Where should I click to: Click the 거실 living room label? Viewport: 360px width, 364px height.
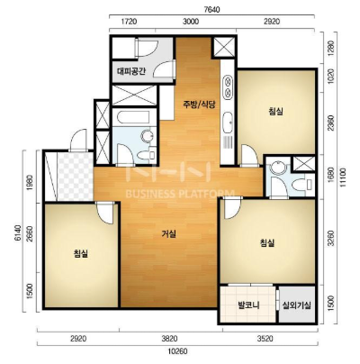pyautogui.click(x=168, y=234)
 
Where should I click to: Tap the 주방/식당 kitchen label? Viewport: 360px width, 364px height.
pyautogui.click(x=200, y=105)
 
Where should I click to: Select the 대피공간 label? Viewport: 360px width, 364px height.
pyautogui.click(x=131, y=71)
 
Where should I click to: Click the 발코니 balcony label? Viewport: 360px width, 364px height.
pyautogui.click(x=248, y=305)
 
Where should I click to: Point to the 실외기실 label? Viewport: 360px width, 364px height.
pyautogui.click(x=297, y=305)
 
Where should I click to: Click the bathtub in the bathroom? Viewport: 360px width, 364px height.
pyautogui.click(x=133, y=117)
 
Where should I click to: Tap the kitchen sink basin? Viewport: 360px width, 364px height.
pyautogui.click(x=228, y=123)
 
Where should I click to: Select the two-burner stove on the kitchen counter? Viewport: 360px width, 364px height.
pyautogui.click(x=228, y=86)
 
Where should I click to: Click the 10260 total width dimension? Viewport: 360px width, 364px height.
pyautogui.click(x=178, y=351)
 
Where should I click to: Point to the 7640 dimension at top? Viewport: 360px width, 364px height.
pyautogui.click(x=211, y=10)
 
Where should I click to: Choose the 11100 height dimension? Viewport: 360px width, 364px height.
pyautogui.click(x=343, y=178)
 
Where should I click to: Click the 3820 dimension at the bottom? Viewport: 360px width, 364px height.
pyautogui.click(x=170, y=339)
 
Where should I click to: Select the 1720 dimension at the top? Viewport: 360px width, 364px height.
pyautogui.click(x=130, y=22)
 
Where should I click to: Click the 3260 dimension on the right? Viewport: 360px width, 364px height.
pyautogui.click(x=331, y=238)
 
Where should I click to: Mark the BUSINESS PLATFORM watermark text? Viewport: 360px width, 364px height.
pyautogui.click(x=180, y=194)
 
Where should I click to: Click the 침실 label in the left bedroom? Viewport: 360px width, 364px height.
pyautogui.click(x=81, y=254)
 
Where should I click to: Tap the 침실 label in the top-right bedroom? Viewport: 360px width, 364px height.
pyautogui.click(x=276, y=112)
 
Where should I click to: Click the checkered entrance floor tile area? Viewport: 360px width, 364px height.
pyautogui.click(x=75, y=177)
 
